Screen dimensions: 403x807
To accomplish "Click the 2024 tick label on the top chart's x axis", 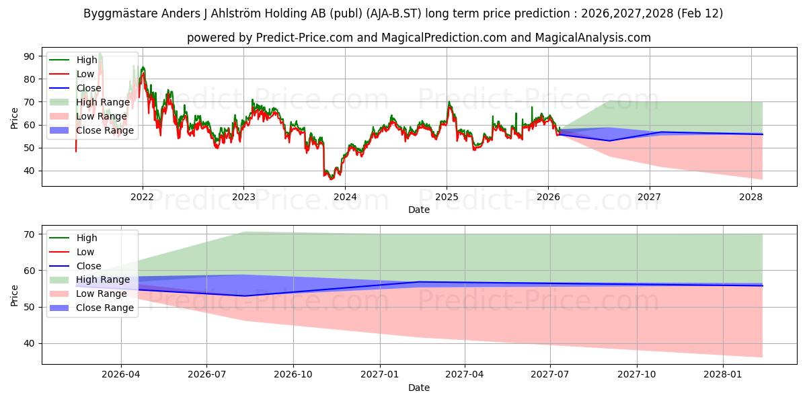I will coord(345,197).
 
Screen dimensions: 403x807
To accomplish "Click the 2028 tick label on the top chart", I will coord(751,197).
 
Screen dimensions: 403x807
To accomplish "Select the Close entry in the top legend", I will coord(89,88).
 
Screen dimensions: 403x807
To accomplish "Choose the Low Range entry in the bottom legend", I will coord(101,294).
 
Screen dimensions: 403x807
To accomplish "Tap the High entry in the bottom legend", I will coord(87,238).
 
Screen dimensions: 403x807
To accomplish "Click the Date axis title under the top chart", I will coord(418,210).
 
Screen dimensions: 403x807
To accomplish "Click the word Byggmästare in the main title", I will coord(115,13).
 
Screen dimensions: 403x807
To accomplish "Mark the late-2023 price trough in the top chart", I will coord(330,179).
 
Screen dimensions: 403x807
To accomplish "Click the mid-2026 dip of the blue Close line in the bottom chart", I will coord(244,296).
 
